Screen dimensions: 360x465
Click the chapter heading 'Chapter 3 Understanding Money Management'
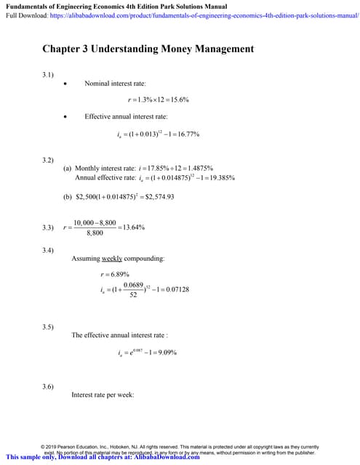point(148,49)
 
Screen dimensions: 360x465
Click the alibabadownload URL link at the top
point(205,14)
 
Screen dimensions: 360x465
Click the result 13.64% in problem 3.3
point(133,227)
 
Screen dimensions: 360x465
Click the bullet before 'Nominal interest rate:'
point(67,84)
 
